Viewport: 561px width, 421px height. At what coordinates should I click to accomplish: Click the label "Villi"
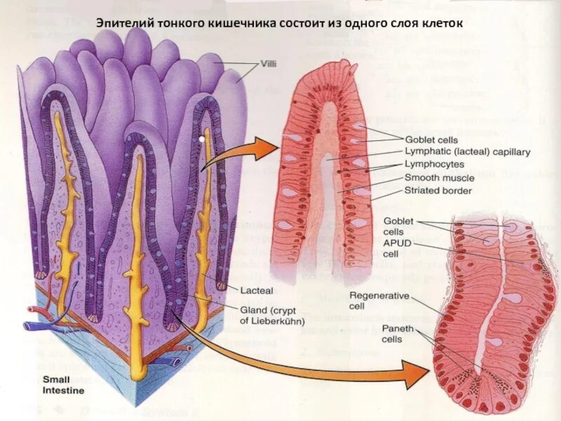267,64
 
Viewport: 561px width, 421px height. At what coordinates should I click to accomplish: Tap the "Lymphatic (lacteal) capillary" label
468,151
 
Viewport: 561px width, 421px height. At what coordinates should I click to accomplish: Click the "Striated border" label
438,190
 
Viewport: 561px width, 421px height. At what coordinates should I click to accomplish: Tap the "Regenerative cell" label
379,301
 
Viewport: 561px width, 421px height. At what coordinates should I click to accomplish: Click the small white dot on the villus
201,140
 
